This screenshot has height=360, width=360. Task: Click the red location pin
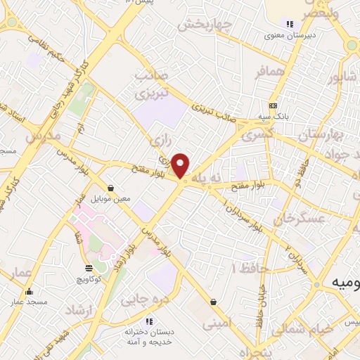click(181, 166)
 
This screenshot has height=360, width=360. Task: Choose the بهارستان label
click(324, 134)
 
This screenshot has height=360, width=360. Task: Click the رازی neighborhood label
click(158, 142)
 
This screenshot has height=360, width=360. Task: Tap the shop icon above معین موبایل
click(111, 188)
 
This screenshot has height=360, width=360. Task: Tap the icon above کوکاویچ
click(88, 268)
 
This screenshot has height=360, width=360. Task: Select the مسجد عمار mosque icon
click(29, 291)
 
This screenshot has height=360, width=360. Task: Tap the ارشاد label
click(79, 310)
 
